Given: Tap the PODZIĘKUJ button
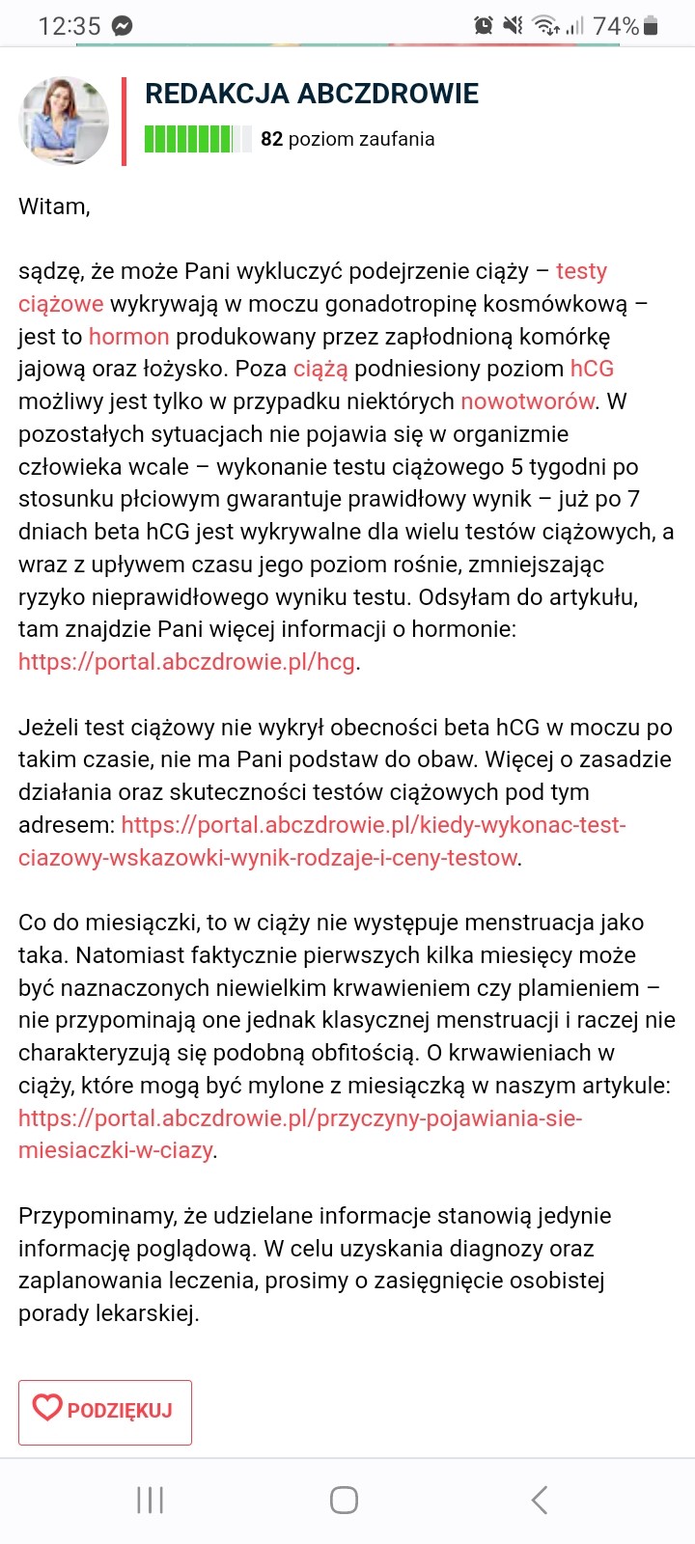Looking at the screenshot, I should (x=104, y=1412).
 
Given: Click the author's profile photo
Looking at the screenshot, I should (x=65, y=120).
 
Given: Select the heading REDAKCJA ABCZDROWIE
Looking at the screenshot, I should (x=311, y=94).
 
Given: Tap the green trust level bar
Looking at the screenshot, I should (x=197, y=139).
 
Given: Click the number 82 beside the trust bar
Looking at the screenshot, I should (x=271, y=139).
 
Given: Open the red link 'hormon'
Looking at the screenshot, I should (x=128, y=337).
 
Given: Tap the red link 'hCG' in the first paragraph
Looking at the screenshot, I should (x=592, y=369).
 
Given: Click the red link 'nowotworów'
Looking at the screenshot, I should (x=527, y=401).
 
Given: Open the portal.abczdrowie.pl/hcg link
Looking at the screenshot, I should (x=187, y=662).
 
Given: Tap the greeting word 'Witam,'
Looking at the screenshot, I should (x=54, y=207).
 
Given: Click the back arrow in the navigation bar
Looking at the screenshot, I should (x=540, y=1500).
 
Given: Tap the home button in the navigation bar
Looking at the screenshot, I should (x=344, y=1500).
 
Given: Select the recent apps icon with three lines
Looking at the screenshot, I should (x=151, y=1500).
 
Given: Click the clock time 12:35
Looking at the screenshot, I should (x=69, y=26).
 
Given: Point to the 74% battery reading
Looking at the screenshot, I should (x=616, y=26).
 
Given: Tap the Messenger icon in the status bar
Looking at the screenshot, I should (x=122, y=26).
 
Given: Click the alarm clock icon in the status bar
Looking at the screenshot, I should (x=484, y=26).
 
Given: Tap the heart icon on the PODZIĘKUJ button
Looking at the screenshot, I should (x=47, y=1408).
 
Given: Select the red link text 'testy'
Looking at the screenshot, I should (x=581, y=271).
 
